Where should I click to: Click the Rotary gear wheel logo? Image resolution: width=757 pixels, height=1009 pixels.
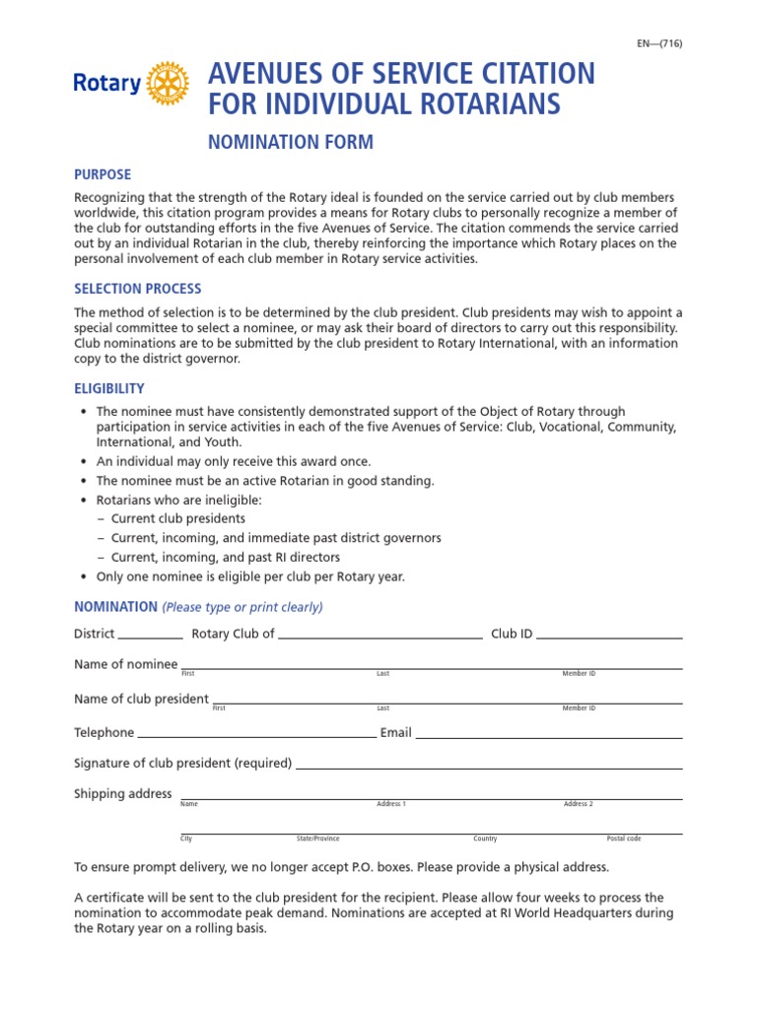pyautogui.click(x=167, y=83)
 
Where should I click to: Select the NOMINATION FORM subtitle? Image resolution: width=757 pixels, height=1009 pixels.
pyautogui.click(x=290, y=142)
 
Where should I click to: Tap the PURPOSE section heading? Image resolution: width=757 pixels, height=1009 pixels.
pyautogui.click(x=103, y=174)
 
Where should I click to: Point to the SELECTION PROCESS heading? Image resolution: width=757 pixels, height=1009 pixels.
pyautogui.click(x=138, y=289)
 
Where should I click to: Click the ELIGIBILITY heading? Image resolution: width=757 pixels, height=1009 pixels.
pyautogui.click(x=109, y=388)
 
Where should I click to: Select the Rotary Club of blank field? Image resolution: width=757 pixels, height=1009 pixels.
pyautogui.click(x=380, y=638)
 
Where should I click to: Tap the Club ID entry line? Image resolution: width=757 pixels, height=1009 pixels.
pyautogui.click(x=609, y=638)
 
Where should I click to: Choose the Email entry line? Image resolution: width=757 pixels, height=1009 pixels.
pyautogui.click(x=549, y=736)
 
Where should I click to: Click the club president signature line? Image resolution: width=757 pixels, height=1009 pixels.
pyautogui.click(x=489, y=767)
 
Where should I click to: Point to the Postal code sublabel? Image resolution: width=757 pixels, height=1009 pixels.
pyautogui.click(x=624, y=839)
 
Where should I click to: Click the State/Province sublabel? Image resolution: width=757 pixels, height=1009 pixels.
pyautogui.click(x=317, y=839)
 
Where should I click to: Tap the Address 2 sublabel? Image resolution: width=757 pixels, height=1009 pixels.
pyautogui.click(x=578, y=804)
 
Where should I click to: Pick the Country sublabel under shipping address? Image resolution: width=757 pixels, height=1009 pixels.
pyautogui.click(x=485, y=839)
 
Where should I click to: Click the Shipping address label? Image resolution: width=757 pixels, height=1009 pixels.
pyautogui.click(x=123, y=794)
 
